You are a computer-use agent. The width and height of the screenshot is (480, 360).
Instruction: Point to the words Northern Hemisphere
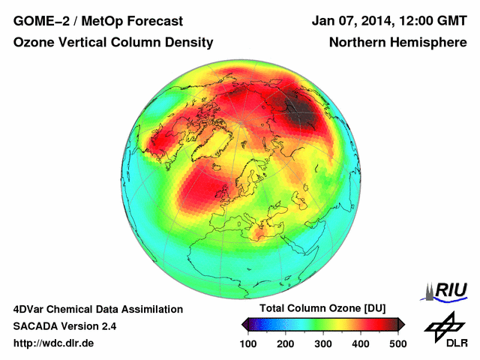(x=397, y=43)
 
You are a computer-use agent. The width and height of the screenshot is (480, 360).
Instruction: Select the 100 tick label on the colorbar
(x=248, y=343)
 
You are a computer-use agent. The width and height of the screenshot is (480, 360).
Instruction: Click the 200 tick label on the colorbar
(x=286, y=343)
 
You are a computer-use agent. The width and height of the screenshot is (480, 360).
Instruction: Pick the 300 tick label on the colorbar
(x=323, y=343)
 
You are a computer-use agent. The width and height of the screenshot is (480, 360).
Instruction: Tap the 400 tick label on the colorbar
(x=361, y=343)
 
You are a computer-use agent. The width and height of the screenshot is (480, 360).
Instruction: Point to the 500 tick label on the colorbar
(x=397, y=343)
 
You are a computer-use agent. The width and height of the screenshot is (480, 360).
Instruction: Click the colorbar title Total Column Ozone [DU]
(x=322, y=309)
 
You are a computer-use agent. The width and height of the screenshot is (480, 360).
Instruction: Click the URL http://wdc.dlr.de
(x=54, y=343)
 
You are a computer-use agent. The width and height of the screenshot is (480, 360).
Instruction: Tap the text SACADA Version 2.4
(x=65, y=326)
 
